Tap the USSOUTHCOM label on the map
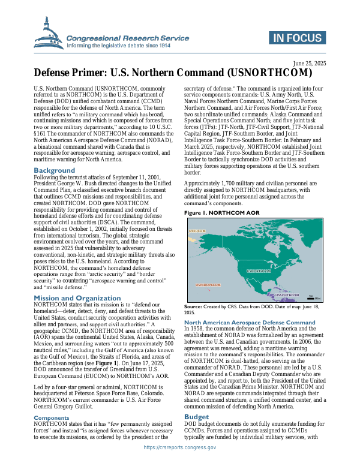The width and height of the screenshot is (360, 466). (x=287, y=295)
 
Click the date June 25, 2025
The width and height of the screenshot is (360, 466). (x=309, y=63)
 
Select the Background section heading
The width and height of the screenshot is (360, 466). (x=54, y=170)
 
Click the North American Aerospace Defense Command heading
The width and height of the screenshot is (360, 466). (x=249, y=323)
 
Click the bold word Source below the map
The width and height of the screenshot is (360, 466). (x=193, y=306)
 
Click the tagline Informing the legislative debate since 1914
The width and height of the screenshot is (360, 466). (x=119, y=45)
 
